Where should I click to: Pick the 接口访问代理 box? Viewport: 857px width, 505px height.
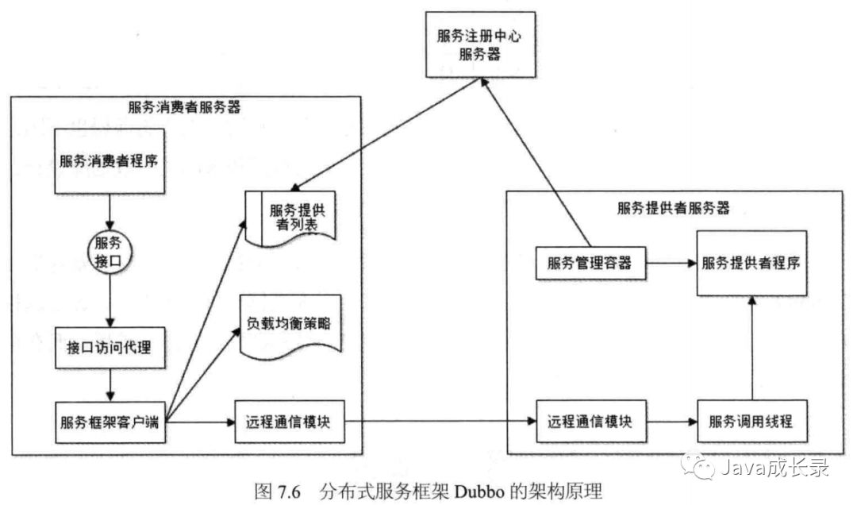tap(109, 346)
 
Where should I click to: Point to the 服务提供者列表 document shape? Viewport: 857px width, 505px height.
tap(294, 217)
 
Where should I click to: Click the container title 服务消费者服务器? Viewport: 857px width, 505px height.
tap(184, 106)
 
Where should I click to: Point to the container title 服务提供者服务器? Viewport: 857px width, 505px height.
tap(673, 208)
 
